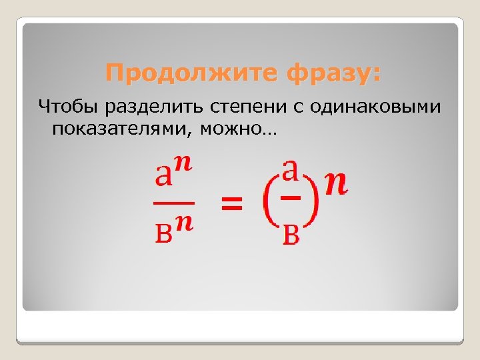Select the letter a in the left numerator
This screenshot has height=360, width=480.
pyautogui.click(x=162, y=177)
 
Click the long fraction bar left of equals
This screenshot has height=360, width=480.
pyautogui.click(x=173, y=201)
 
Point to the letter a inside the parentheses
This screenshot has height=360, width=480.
pyautogui.click(x=290, y=171)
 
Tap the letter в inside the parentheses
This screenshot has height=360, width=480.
pyautogui.click(x=290, y=234)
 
